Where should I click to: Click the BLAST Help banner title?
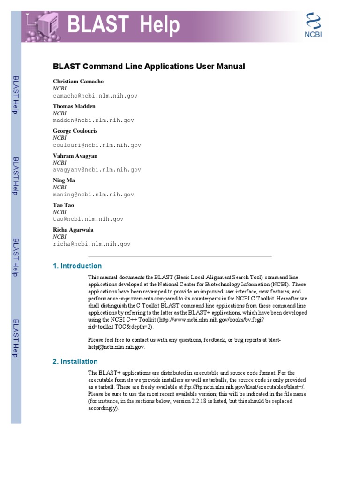tap(123, 25)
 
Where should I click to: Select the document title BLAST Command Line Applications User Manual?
tap(149, 67)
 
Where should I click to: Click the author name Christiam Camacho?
tap(78, 82)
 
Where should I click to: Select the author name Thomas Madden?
tap(74, 106)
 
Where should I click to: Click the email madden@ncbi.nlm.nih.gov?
tap(93, 120)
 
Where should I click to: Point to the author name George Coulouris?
tap(75, 131)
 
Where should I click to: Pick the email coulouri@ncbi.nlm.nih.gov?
tap(97, 145)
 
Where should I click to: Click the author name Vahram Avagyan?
tap(75, 156)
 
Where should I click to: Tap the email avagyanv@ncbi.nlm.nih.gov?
tap(97, 170)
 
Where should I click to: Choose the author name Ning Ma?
tap(64, 180)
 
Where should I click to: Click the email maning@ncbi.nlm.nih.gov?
tap(93, 195)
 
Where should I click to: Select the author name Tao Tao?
tap(63, 205)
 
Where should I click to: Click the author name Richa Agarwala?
tap(73, 230)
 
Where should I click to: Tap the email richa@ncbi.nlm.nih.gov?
tap(91, 244)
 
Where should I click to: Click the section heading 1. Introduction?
tap(77, 266)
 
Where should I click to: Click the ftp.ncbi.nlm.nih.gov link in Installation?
tap(253, 387)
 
